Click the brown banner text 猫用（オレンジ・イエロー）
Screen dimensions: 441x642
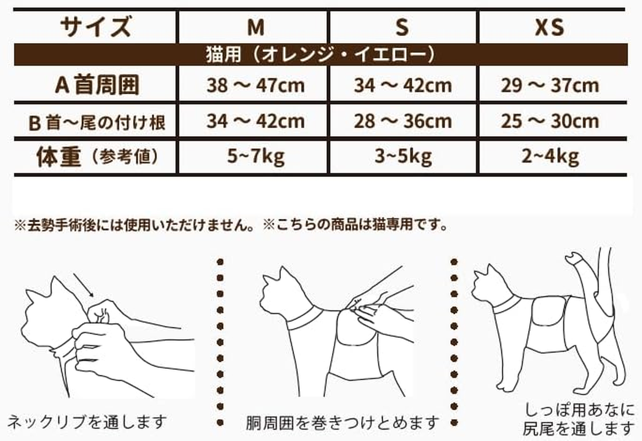[x=320, y=55]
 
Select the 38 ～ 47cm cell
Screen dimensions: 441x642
[x=255, y=86]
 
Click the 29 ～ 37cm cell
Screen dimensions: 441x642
[x=550, y=86]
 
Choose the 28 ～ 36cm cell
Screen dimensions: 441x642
[x=403, y=122]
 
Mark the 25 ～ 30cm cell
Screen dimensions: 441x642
[x=550, y=122]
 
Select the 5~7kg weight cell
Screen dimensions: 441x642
[x=255, y=158]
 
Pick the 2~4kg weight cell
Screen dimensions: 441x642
[x=550, y=158]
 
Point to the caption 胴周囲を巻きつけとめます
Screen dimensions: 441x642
[x=342, y=423]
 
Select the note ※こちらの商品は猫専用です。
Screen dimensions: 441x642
[x=355, y=225]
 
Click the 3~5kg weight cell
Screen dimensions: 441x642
[x=403, y=158]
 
